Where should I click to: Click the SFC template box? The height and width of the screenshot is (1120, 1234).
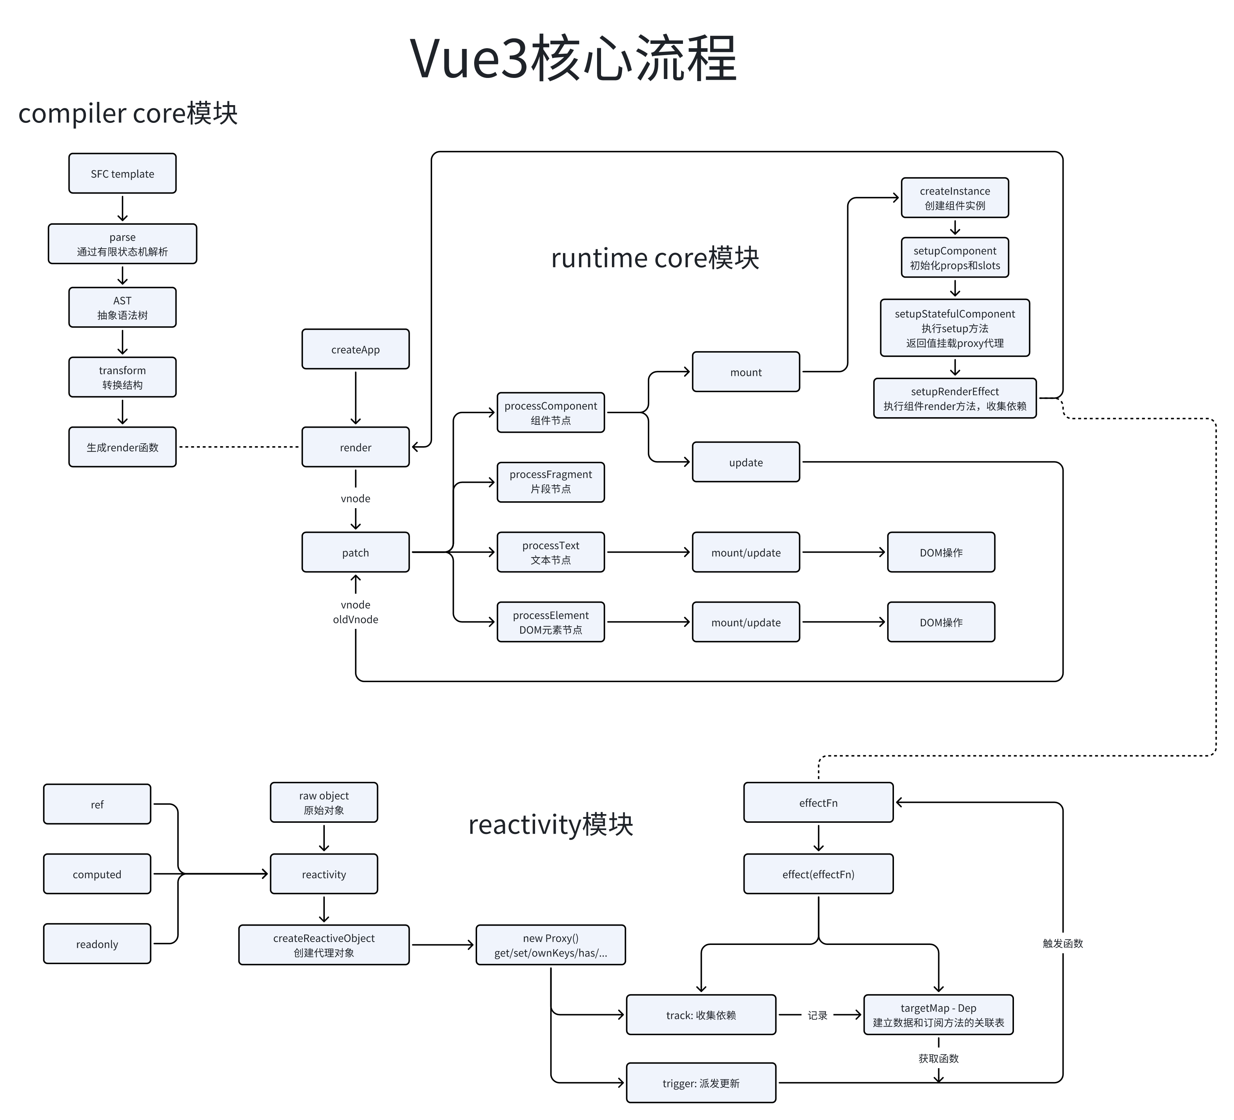[123, 174]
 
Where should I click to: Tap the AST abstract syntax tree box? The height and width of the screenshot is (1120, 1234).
[123, 308]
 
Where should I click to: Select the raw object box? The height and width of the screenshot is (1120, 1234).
[324, 803]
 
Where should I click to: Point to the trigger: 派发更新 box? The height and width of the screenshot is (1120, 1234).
[701, 1083]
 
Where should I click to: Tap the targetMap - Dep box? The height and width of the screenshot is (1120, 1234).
[938, 1015]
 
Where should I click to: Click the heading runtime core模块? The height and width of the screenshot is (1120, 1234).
[655, 258]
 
